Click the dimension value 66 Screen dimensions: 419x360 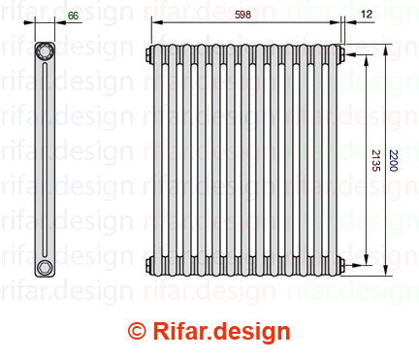[73, 16]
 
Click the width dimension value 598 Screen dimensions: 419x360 [242, 15]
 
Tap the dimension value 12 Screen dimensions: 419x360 [367, 14]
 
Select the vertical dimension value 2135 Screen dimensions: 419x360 [375, 160]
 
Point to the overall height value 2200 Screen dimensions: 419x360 [393, 160]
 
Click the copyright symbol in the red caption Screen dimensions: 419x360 [137, 331]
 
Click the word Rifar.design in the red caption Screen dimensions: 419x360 [221, 332]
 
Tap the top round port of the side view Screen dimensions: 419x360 [44, 50]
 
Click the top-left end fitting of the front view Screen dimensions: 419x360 [149, 54]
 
